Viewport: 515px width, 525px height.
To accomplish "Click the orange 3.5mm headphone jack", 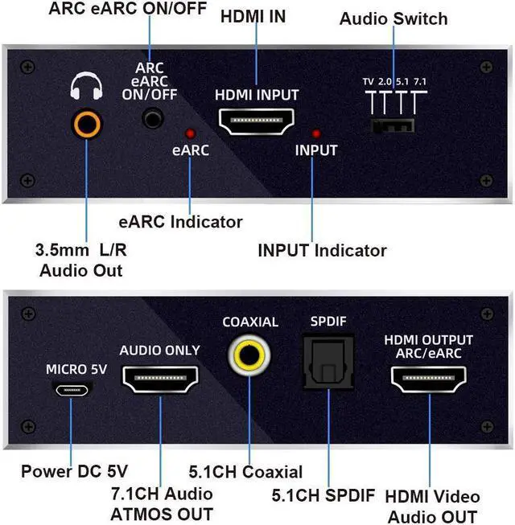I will [x=86, y=124].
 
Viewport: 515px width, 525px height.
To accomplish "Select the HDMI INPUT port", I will [x=257, y=123].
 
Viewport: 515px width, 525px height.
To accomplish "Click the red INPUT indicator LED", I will [x=316, y=133].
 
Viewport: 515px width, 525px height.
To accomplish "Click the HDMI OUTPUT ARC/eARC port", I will [x=428, y=380].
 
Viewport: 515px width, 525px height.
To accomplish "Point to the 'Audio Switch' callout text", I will [x=393, y=18].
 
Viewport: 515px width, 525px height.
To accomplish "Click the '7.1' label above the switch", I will [x=419, y=82].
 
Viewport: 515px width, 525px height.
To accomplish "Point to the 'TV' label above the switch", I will [x=369, y=82].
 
